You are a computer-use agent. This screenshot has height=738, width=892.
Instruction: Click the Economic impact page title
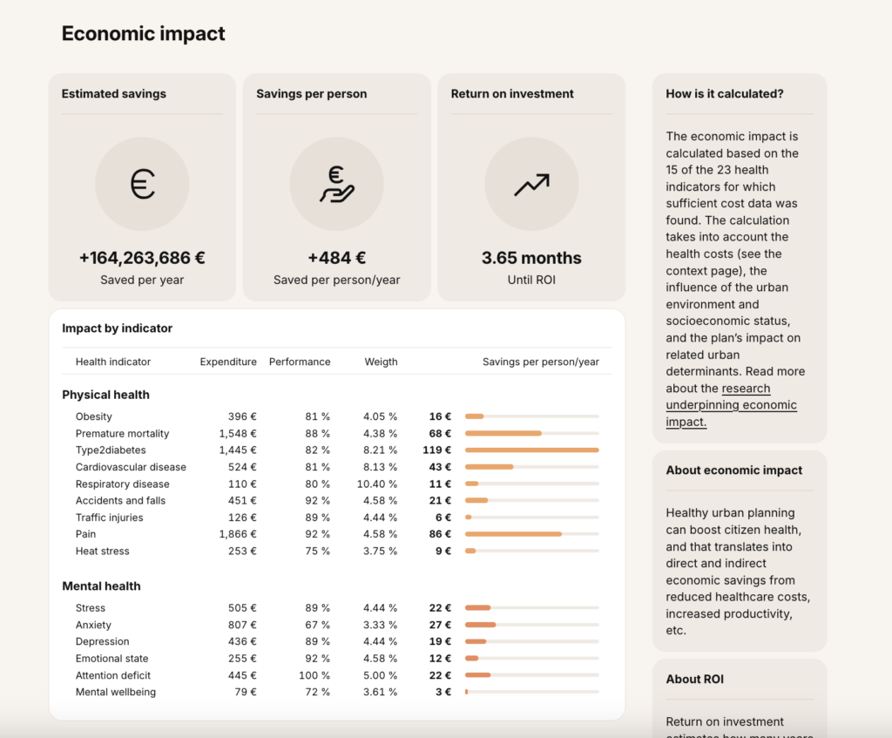click(144, 34)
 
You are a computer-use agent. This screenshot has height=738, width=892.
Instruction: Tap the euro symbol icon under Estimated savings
click(142, 184)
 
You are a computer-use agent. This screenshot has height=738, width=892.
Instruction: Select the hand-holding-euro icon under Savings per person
click(337, 184)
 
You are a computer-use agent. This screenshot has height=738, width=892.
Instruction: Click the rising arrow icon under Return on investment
click(532, 185)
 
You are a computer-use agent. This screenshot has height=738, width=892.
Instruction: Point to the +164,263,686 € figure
click(142, 258)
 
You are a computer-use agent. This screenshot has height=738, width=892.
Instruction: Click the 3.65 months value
click(531, 258)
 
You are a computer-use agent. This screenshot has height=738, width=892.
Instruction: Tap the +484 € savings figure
click(337, 258)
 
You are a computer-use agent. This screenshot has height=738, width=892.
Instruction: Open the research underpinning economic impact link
click(732, 405)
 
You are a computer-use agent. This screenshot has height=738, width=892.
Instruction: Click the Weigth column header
click(382, 362)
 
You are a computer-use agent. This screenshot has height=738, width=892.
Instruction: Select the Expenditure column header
click(228, 362)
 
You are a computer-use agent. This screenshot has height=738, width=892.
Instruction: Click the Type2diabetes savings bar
click(532, 450)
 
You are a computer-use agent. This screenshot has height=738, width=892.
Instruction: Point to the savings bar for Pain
click(513, 534)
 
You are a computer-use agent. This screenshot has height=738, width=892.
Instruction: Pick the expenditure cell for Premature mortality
click(238, 434)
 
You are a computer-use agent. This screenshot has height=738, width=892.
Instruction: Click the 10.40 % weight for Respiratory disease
click(377, 484)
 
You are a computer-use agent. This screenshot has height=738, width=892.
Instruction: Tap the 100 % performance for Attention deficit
click(314, 675)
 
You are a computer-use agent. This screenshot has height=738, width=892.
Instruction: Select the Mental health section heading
click(101, 586)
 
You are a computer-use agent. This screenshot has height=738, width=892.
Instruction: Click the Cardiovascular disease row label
click(131, 467)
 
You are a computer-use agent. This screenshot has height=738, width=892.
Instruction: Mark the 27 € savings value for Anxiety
click(440, 625)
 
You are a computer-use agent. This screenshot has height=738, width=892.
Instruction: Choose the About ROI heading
click(694, 680)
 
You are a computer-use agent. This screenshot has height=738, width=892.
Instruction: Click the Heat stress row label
click(103, 552)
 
